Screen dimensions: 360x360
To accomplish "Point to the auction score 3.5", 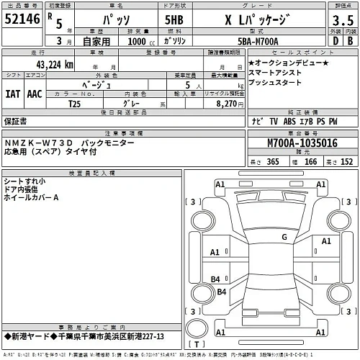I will [x=339, y=21].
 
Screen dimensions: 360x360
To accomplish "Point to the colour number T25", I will [x=74, y=104].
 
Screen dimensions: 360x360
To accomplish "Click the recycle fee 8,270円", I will [x=221, y=104].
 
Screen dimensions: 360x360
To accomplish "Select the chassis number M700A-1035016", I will [x=292, y=143].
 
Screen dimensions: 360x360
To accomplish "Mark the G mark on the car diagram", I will [x=284, y=236].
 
